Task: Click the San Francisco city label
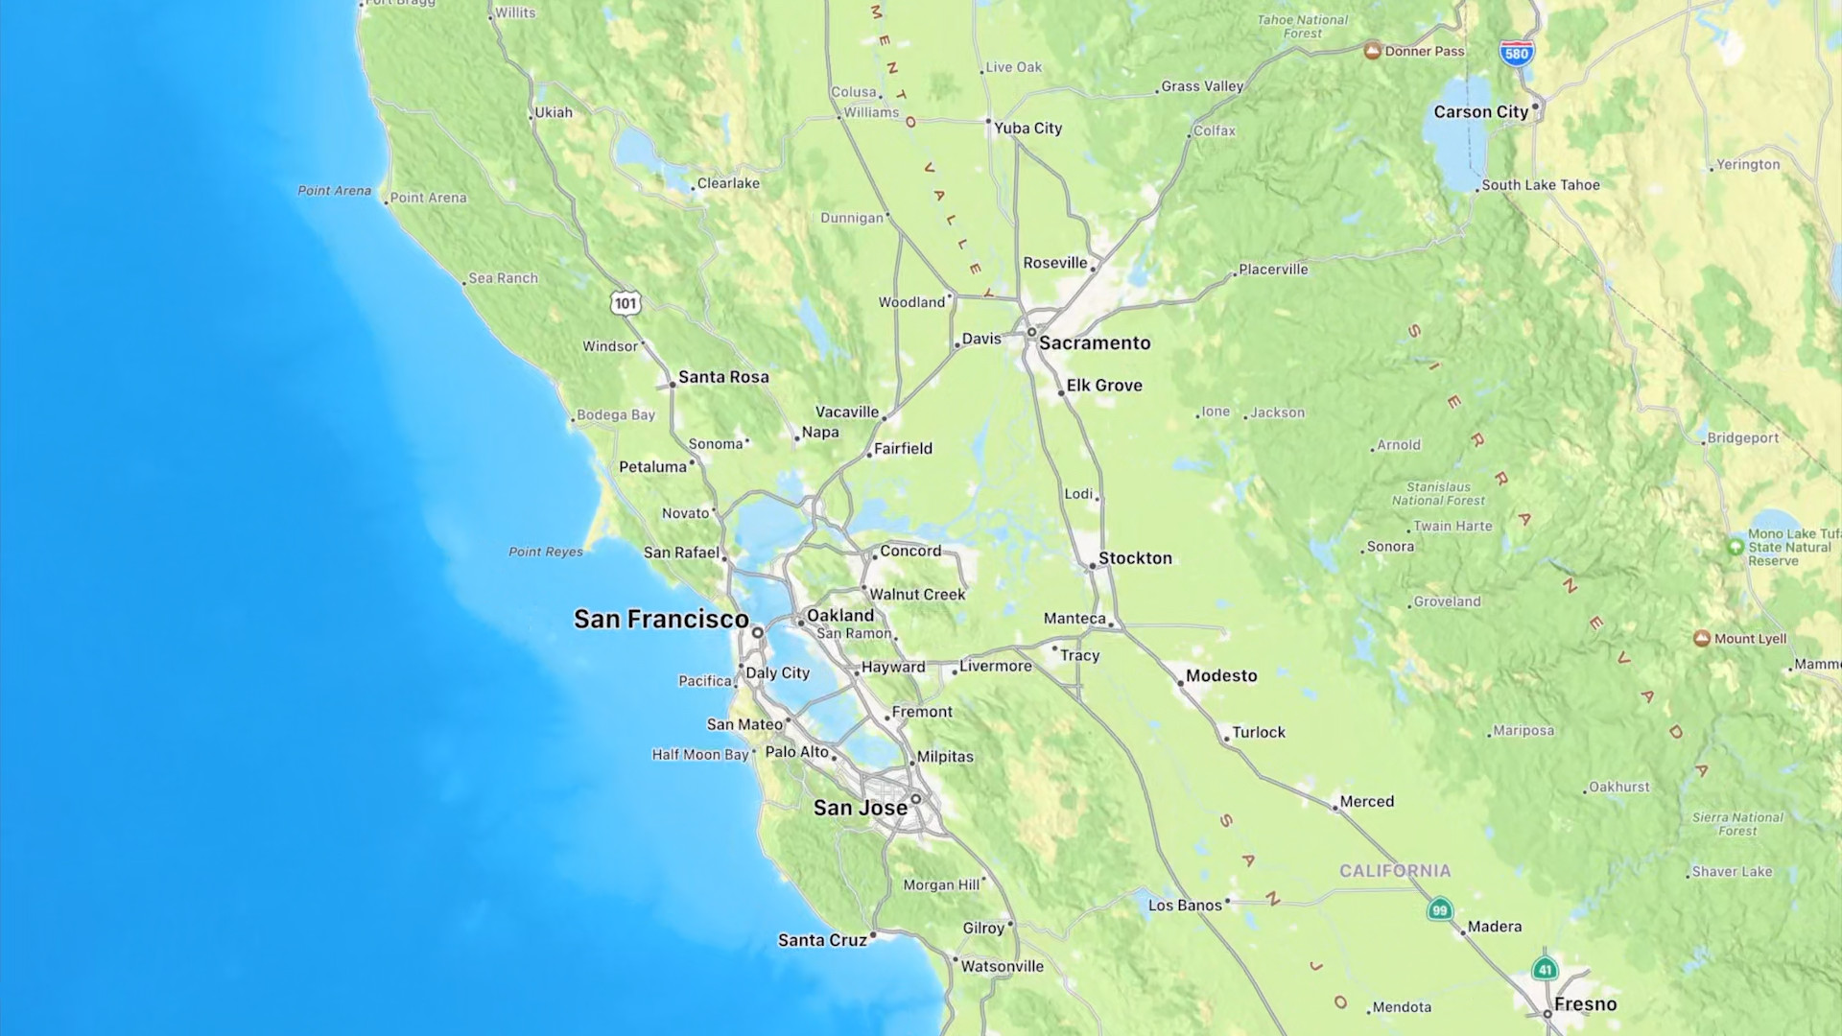click(661, 620)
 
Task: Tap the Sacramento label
click(1095, 343)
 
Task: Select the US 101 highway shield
click(626, 304)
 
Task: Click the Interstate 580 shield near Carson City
click(1516, 54)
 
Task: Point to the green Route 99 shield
click(1439, 909)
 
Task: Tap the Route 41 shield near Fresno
click(1545, 969)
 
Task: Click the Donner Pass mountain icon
click(1373, 51)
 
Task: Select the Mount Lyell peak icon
click(1702, 639)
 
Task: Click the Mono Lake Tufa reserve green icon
click(1736, 547)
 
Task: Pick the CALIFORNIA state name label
click(1395, 871)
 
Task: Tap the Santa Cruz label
click(822, 941)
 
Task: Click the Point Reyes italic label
click(546, 552)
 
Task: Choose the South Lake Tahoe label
click(1541, 185)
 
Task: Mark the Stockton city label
click(1135, 558)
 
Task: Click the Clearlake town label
click(728, 183)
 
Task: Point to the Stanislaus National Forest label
click(1438, 494)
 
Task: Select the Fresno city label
click(1585, 1004)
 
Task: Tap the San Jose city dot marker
click(916, 799)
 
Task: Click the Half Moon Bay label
click(700, 755)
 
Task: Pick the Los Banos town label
click(1185, 906)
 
